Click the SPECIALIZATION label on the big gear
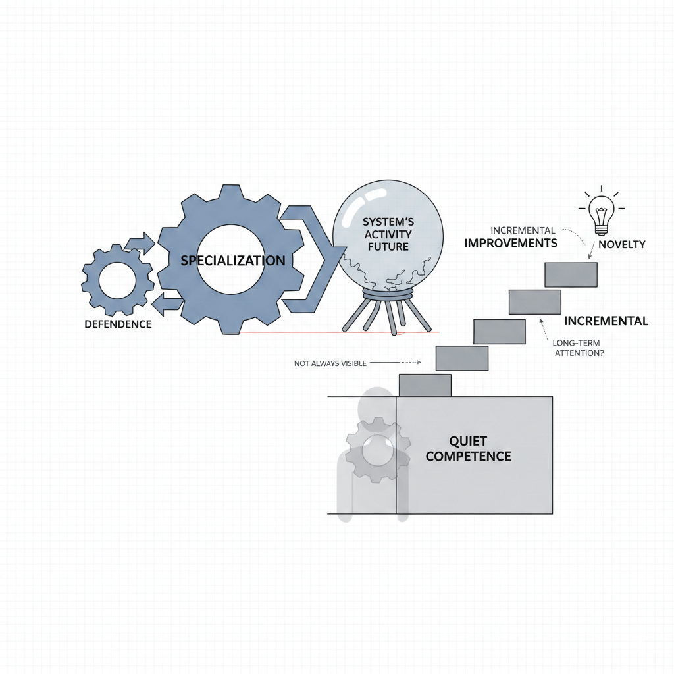tap(232, 261)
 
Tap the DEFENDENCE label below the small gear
tap(118, 324)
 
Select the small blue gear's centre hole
tap(117, 281)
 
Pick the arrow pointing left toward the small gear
tap(167, 303)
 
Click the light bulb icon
tap(600, 213)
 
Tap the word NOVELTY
tap(621, 245)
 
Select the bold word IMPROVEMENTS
tap(511, 243)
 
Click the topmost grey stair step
tap(571, 274)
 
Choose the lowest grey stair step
tap(425, 385)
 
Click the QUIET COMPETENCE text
tap(468, 448)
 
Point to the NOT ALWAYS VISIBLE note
tap(331, 363)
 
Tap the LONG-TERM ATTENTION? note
tap(578, 348)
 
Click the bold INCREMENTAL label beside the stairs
tap(606, 321)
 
